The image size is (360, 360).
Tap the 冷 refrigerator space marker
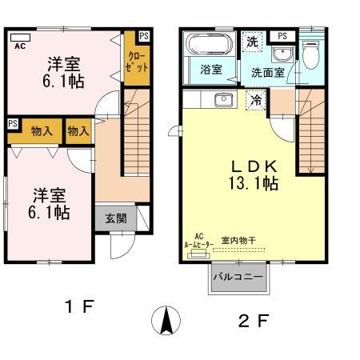[255, 101]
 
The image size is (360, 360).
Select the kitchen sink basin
[223, 100]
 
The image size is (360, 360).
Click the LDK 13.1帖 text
[254, 174]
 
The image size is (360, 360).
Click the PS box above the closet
[143, 37]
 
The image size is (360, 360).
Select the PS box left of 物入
[13, 124]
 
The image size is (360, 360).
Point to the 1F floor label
[80, 305]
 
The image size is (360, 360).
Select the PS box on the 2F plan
[282, 36]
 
